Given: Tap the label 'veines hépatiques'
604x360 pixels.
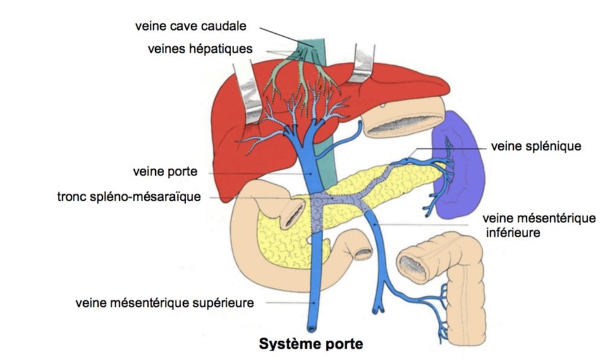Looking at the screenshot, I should (199, 49).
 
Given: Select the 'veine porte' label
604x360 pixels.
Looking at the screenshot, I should (164, 172).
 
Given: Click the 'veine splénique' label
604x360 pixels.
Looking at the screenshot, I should (536, 146).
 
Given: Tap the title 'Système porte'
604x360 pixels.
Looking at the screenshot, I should (311, 344).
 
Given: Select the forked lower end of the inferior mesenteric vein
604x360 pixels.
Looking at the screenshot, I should (380, 307).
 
